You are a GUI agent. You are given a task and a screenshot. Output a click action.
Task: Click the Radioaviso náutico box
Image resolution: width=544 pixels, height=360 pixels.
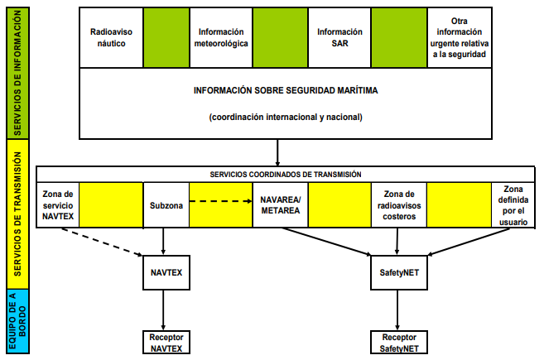[x=109, y=36]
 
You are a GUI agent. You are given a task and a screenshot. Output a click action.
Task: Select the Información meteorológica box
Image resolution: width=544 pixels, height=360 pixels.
[x=221, y=36]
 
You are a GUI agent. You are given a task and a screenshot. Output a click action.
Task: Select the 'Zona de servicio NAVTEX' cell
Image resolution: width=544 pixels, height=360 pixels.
[x=58, y=204]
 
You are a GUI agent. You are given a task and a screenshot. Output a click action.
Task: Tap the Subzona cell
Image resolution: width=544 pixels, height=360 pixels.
[x=166, y=204]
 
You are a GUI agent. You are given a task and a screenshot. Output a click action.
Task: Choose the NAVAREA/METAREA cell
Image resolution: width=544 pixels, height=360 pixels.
[x=281, y=204]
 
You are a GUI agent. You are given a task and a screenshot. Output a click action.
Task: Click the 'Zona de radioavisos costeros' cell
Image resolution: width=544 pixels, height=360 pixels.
[x=399, y=204]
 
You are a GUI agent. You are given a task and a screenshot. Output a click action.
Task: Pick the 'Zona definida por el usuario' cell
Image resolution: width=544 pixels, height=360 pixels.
[x=509, y=204]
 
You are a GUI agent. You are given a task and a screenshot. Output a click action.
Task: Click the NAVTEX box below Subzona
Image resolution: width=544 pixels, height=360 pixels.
[x=166, y=271]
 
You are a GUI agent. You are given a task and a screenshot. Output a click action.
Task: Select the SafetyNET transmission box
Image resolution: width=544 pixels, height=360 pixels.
[x=399, y=271]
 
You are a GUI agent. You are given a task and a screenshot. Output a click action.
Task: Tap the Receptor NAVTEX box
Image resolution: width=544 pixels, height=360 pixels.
[x=166, y=342]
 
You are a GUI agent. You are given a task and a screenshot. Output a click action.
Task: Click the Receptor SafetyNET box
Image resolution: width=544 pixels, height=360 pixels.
[x=399, y=342]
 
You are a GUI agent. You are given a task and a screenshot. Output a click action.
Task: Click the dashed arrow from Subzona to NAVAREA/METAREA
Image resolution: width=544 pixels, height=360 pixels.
[x=220, y=199]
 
